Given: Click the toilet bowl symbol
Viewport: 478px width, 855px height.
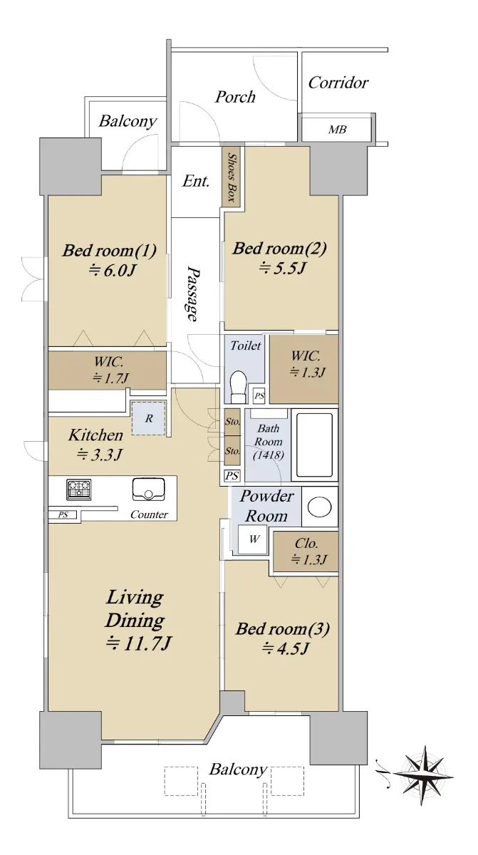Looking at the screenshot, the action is [239, 387].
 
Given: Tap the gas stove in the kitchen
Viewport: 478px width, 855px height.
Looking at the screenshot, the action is [79, 489].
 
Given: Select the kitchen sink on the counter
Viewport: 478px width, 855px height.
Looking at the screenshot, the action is [148, 489].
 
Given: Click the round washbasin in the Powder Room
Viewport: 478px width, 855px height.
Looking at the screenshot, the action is [319, 507].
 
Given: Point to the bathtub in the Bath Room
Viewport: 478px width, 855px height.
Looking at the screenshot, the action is [314, 445].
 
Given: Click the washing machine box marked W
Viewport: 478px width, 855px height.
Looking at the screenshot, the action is [253, 539].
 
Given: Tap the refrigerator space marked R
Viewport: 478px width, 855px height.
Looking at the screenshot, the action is [149, 418].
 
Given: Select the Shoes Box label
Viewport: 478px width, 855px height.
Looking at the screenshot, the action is [232, 177].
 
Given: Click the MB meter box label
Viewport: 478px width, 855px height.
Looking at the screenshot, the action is [337, 130].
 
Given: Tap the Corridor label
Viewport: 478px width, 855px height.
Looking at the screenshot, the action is [338, 83].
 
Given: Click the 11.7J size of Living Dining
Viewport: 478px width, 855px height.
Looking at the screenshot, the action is [139, 644].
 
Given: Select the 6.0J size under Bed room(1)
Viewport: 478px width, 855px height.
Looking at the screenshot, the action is [112, 271].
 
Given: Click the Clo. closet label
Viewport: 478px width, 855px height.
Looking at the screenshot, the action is [306, 543].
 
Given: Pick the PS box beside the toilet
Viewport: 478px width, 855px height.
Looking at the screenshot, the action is [259, 396].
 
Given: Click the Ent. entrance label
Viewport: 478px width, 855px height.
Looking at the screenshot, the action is [196, 180].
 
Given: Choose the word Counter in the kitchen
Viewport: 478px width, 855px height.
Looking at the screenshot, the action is [149, 514].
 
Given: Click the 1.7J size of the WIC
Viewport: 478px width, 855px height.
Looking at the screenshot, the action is [110, 378].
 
